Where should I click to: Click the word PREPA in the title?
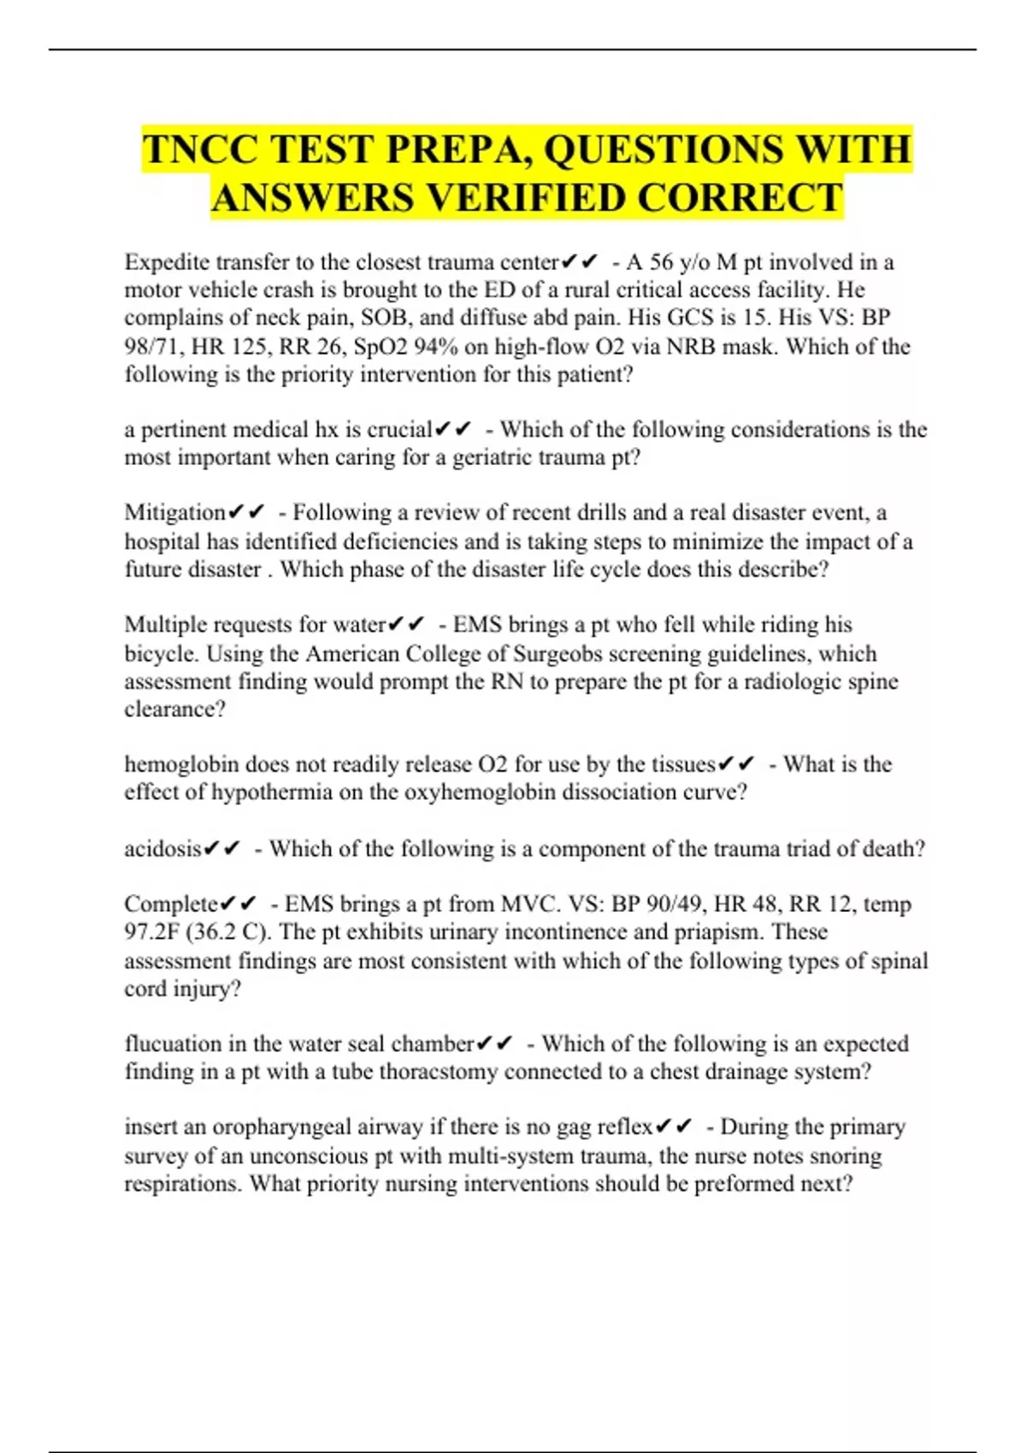tap(450, 150)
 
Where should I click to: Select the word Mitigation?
tap(175, 512)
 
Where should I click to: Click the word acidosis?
tap(162, 849)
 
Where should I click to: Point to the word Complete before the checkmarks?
tap(171, 903)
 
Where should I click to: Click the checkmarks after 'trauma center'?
tap(581, 262)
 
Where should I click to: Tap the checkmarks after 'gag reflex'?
tap(674, 1127)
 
